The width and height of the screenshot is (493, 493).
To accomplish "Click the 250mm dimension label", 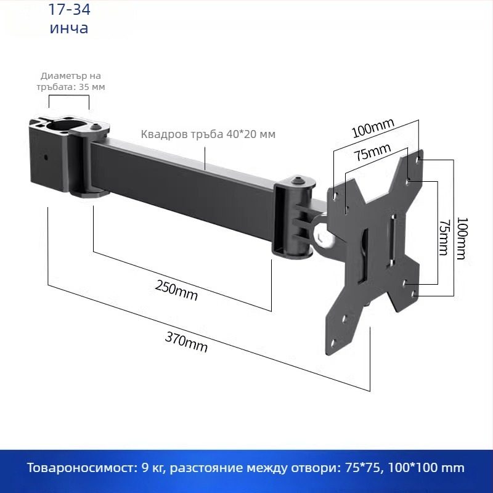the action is pos(176,290).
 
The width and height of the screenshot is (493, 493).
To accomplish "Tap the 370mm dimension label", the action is pos(186,342).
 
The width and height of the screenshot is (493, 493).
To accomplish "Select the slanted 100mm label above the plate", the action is pos(373,128).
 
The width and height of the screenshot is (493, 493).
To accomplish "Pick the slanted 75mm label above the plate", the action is pos(373,152).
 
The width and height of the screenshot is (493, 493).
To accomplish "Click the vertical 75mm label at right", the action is pos(444,237).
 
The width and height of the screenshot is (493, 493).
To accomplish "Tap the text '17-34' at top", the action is pos(69,9).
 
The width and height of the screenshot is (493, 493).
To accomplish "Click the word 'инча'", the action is pos(69,28).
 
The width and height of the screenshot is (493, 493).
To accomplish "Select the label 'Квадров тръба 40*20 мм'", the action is pos(208,134).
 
